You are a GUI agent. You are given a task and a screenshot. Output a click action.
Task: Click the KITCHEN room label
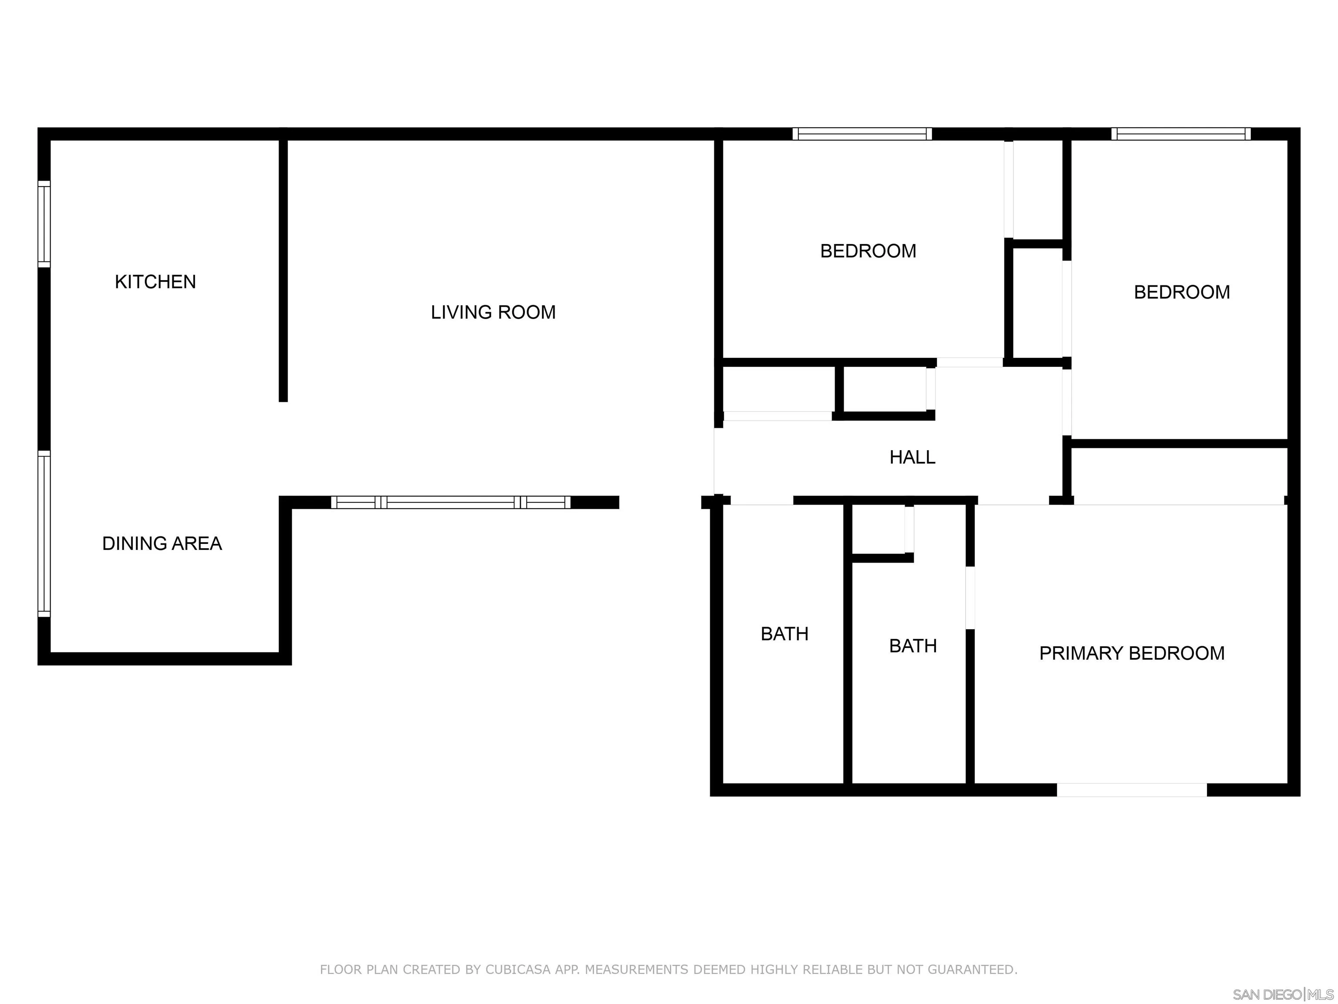point(155,282)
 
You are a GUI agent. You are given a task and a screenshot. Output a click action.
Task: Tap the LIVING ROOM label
point(493,312)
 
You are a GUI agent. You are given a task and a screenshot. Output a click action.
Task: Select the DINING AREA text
point(162,543)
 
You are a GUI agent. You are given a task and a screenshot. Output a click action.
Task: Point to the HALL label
point(912,458)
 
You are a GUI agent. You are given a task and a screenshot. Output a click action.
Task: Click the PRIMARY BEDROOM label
point(1132,654)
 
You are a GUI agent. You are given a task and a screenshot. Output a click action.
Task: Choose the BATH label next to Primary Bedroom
point(913,646)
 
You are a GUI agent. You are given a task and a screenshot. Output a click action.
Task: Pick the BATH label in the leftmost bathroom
point(784,634)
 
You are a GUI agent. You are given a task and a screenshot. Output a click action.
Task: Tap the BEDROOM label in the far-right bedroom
point(1181,292)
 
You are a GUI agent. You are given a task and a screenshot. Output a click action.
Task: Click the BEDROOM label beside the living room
point(868,251)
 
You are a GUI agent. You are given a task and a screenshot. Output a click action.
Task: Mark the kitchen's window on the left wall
point(44,224)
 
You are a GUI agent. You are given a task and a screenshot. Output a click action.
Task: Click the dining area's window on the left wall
point(44,533)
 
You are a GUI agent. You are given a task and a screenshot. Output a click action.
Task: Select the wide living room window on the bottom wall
point(451,502)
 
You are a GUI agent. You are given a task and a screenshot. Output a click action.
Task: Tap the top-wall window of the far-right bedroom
point(1181,134)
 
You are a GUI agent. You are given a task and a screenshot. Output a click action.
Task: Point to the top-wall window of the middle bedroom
point(862,134)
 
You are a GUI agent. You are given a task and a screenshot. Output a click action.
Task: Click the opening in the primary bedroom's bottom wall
point(1132,790)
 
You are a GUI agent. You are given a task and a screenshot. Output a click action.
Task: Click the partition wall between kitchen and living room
point(283,269)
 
